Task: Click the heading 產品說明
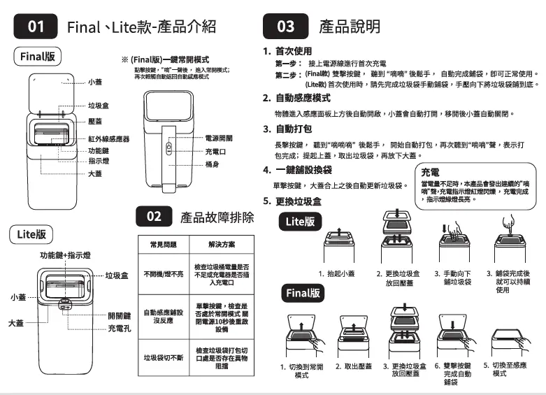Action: pos(350,27)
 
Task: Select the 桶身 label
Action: pos(213,164)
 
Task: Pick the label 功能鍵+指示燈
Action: pos(64,256)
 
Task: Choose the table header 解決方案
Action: pos(222,245)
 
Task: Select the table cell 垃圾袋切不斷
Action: pos(163,357)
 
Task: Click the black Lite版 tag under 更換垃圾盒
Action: pos(301,221)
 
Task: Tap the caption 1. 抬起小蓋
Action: pos(338,273)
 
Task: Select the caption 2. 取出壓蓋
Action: pos(353,366)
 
